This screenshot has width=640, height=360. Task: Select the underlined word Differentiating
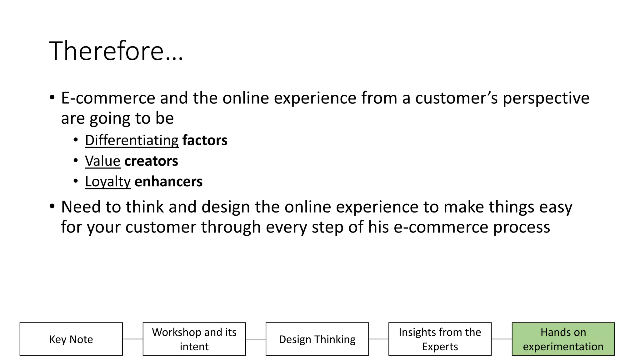(x=132, y=140)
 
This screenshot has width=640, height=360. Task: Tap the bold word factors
(x=205, y=140)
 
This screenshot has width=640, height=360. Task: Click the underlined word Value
(x=102, y=161)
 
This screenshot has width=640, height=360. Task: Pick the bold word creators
(x=151, y=161)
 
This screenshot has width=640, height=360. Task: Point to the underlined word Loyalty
(x=107, y=182)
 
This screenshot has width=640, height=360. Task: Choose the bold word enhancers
(x=168, y=182)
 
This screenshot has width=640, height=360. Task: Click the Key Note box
(x=71, y=339)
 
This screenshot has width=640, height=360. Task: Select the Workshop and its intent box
(x=194, y=339)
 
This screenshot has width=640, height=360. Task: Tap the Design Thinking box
(x=317, y=339)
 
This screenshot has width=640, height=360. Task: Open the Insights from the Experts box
(x=440, y=339)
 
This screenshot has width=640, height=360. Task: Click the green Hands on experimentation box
(x=563, y=339)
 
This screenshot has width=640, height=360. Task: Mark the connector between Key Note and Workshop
(x=133, y=339)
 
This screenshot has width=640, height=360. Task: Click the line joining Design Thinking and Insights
(x=379, y=339)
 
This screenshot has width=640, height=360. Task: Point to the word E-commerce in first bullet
(x=108, y=98)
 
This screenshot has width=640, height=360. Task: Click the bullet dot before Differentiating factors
(x=76, y=140)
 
